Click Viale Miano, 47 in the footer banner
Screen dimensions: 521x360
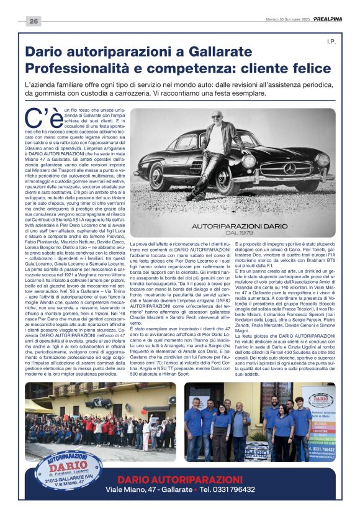(x=137, y=489)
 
